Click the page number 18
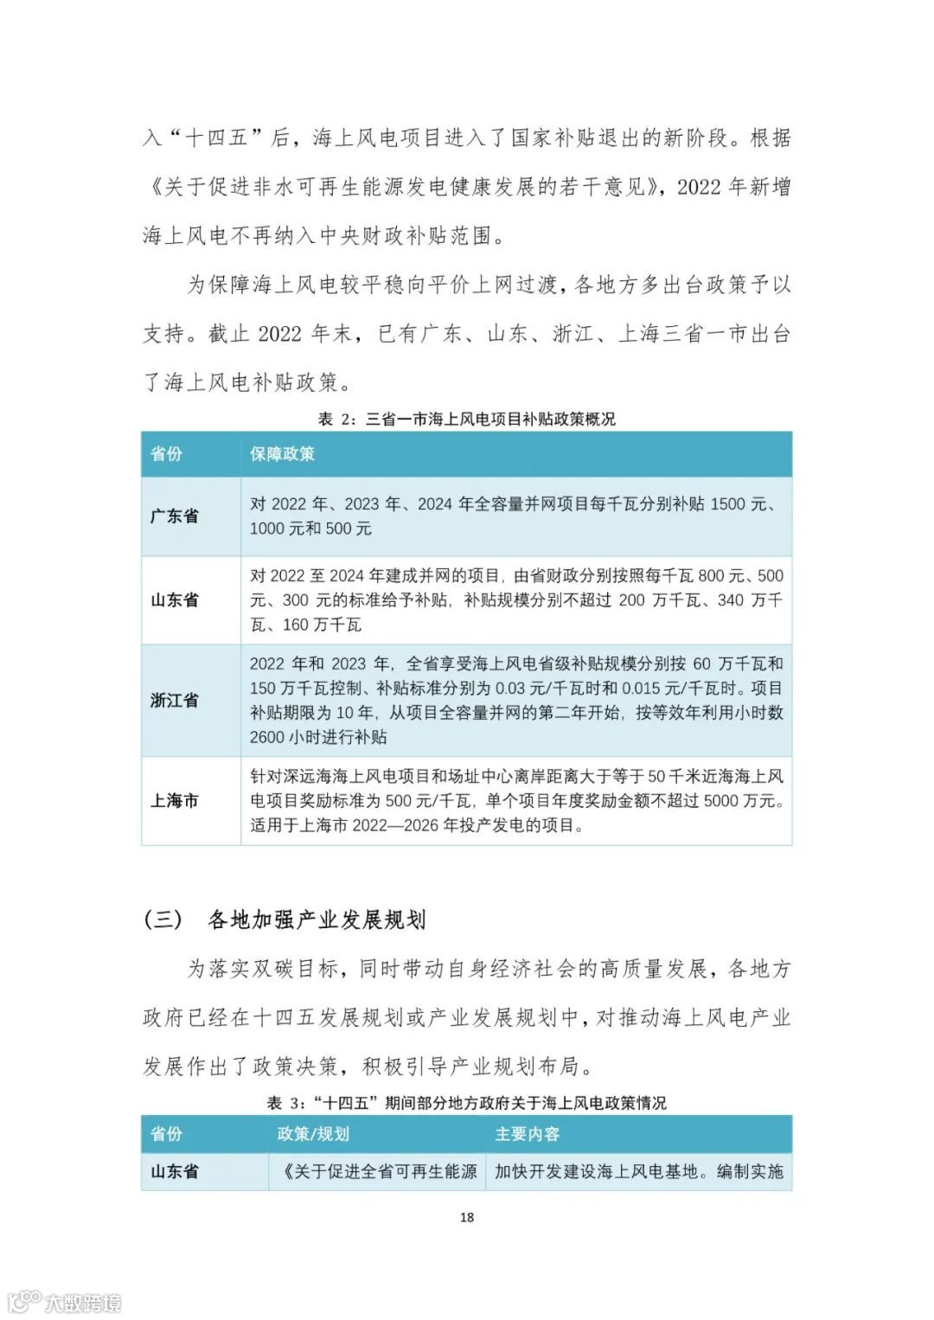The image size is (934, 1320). coord(466,1217)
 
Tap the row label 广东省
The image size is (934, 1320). coord(174,516)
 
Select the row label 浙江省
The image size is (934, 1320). coord(174,701)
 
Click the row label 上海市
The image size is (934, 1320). coord(174,801)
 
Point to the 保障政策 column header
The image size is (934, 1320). coord(282,454)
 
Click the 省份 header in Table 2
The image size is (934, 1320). coord(166,454)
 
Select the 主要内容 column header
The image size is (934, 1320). coord(527,1134)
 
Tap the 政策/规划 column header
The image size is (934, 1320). coord(313,1134)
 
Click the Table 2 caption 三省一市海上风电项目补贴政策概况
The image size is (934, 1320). coord(490,420)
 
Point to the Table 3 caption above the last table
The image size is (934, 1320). coord(466,1103)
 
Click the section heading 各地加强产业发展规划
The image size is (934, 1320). coord(317,920)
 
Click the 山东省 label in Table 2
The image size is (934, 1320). coord(174,600)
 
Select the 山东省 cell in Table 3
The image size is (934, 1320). coord(174,1172)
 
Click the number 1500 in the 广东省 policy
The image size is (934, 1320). coord(727,504)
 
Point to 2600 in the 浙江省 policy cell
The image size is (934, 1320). coord(267,738)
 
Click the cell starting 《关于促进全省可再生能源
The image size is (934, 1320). coord(379,1172)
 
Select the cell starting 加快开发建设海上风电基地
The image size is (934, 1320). coord(638,1172)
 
